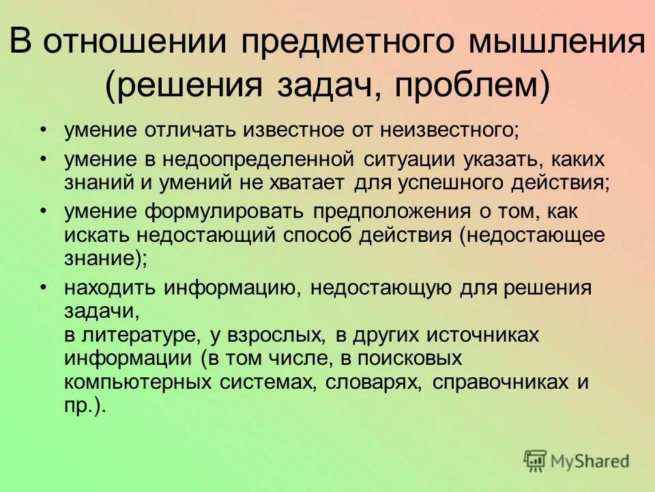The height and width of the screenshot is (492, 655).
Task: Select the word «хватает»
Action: click(308, 182)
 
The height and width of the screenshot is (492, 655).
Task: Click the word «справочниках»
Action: click(501, 382)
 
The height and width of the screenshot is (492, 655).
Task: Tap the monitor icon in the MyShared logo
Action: click(536, 461)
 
